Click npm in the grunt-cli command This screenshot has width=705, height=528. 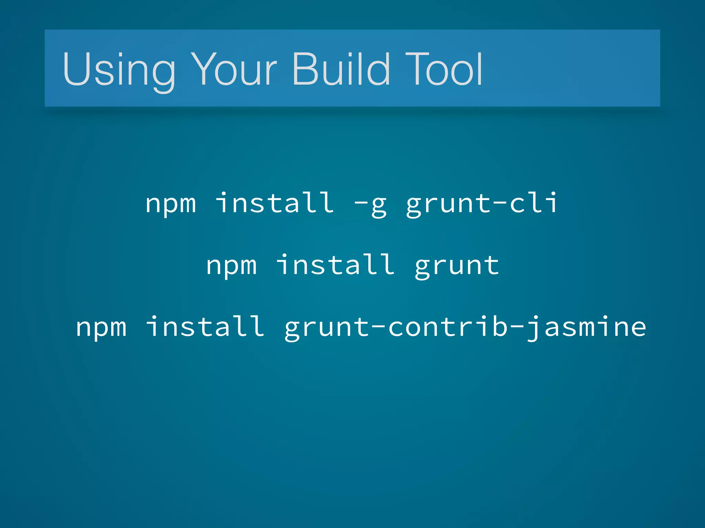(x=170, y=203)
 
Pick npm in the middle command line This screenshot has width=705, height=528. (x=231, y=265)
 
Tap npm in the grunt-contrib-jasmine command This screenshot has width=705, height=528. (x=101, y=327)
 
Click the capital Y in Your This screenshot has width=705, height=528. (x=203, y=69)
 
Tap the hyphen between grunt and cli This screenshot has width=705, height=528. (x=499, y=203)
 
